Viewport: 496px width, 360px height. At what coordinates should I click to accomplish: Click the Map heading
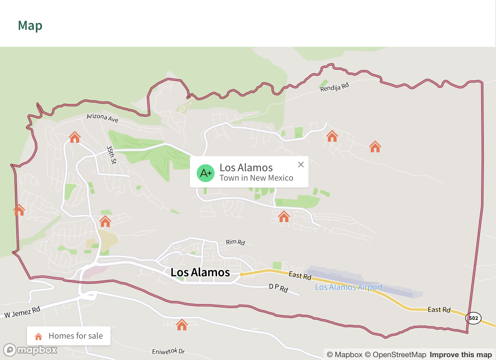(x=30, y=25)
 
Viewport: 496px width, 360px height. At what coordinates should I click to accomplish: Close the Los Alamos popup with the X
(x=301, y=164)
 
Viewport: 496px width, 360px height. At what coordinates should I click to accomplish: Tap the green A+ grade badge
(x=206, y=173)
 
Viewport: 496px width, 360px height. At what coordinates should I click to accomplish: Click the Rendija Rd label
(x=334, y=87)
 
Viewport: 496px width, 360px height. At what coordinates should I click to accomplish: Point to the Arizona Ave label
(x=102, y=118)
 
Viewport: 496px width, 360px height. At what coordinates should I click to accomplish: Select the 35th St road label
(x=111, y=155)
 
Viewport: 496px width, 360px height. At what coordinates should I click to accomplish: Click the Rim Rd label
(x=235, y=242)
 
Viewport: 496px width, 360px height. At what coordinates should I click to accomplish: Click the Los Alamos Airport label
(x=349, y=287)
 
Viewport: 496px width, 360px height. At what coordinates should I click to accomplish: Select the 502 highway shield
(x=473, y=318)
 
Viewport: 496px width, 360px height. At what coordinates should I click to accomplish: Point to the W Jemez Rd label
(x=22, y=312)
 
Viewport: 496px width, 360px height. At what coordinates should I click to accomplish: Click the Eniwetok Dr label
(x=168, y=351)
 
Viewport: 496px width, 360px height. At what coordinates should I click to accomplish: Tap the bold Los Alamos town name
(x=200, y=272)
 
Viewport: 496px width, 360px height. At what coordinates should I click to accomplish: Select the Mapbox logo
(x=30, y=350)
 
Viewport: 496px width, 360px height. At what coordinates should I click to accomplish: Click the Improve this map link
(x=461, y=355)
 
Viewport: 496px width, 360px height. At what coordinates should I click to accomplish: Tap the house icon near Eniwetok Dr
(x=182, y=325)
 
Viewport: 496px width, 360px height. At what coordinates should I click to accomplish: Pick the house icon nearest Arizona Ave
(x=75, y=137)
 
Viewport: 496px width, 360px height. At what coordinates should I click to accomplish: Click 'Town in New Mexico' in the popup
(x=256, y=178)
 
